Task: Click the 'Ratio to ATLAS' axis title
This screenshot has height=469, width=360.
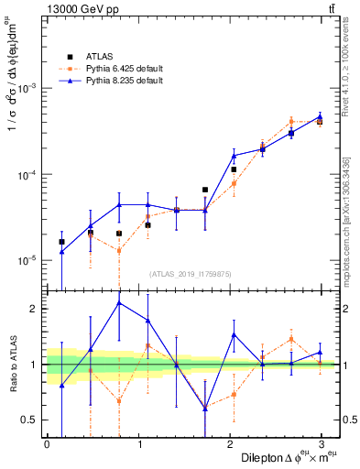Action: pyautogui.click(x=12, y=365)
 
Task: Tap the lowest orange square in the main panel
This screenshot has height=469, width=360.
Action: pyautogui.click(x=119, y=250)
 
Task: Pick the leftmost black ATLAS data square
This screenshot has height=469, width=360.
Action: pyautogui.click(x=61, y=242)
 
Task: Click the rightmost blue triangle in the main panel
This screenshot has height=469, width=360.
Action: pyautogui.click(x=320, y=116)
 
